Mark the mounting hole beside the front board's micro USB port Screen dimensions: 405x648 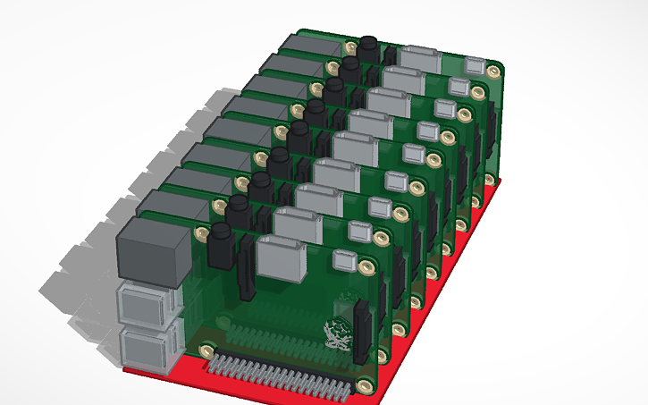click(x=366, y=267)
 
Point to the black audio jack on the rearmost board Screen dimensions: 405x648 click(x=367, y=46)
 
